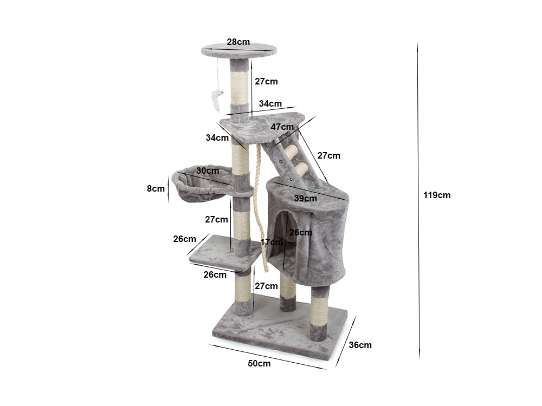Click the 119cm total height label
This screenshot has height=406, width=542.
coord(436,195)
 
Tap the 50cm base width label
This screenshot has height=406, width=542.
coord(259,363)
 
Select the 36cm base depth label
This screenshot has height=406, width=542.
coord(360,345)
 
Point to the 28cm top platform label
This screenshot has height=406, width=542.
coord(238,42)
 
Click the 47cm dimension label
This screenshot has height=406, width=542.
coord(282,127)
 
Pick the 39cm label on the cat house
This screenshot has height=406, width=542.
coord(306,198)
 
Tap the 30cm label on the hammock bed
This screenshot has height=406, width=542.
coord(208,171)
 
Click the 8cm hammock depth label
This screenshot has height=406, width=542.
coord(156,188)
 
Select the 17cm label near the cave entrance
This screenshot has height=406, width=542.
coord(272,242)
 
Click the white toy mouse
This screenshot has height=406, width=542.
coord(217,100)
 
